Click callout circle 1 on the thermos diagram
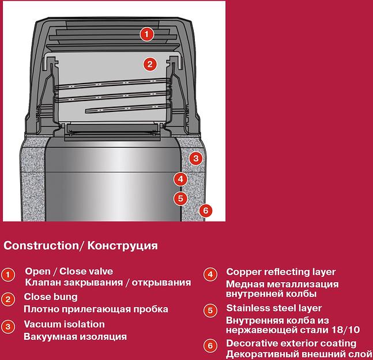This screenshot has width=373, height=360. (148, 34)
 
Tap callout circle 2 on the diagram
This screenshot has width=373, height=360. (150, 64)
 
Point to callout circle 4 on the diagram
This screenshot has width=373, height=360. (180, 179)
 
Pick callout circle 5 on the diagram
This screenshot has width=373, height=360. (180, 198)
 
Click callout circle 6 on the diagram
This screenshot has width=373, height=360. (205, 211)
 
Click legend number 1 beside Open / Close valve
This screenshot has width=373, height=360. (7, 275)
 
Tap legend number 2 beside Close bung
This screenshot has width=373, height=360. (7, 299)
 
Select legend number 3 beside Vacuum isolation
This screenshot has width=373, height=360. (7, 326)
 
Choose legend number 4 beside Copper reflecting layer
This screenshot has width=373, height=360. (211, 274)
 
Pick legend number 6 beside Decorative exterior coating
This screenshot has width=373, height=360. (211, 346)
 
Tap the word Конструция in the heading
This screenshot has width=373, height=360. (123, 245)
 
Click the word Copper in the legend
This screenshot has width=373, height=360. (242, 272)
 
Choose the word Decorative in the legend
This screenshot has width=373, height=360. (251, 343)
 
